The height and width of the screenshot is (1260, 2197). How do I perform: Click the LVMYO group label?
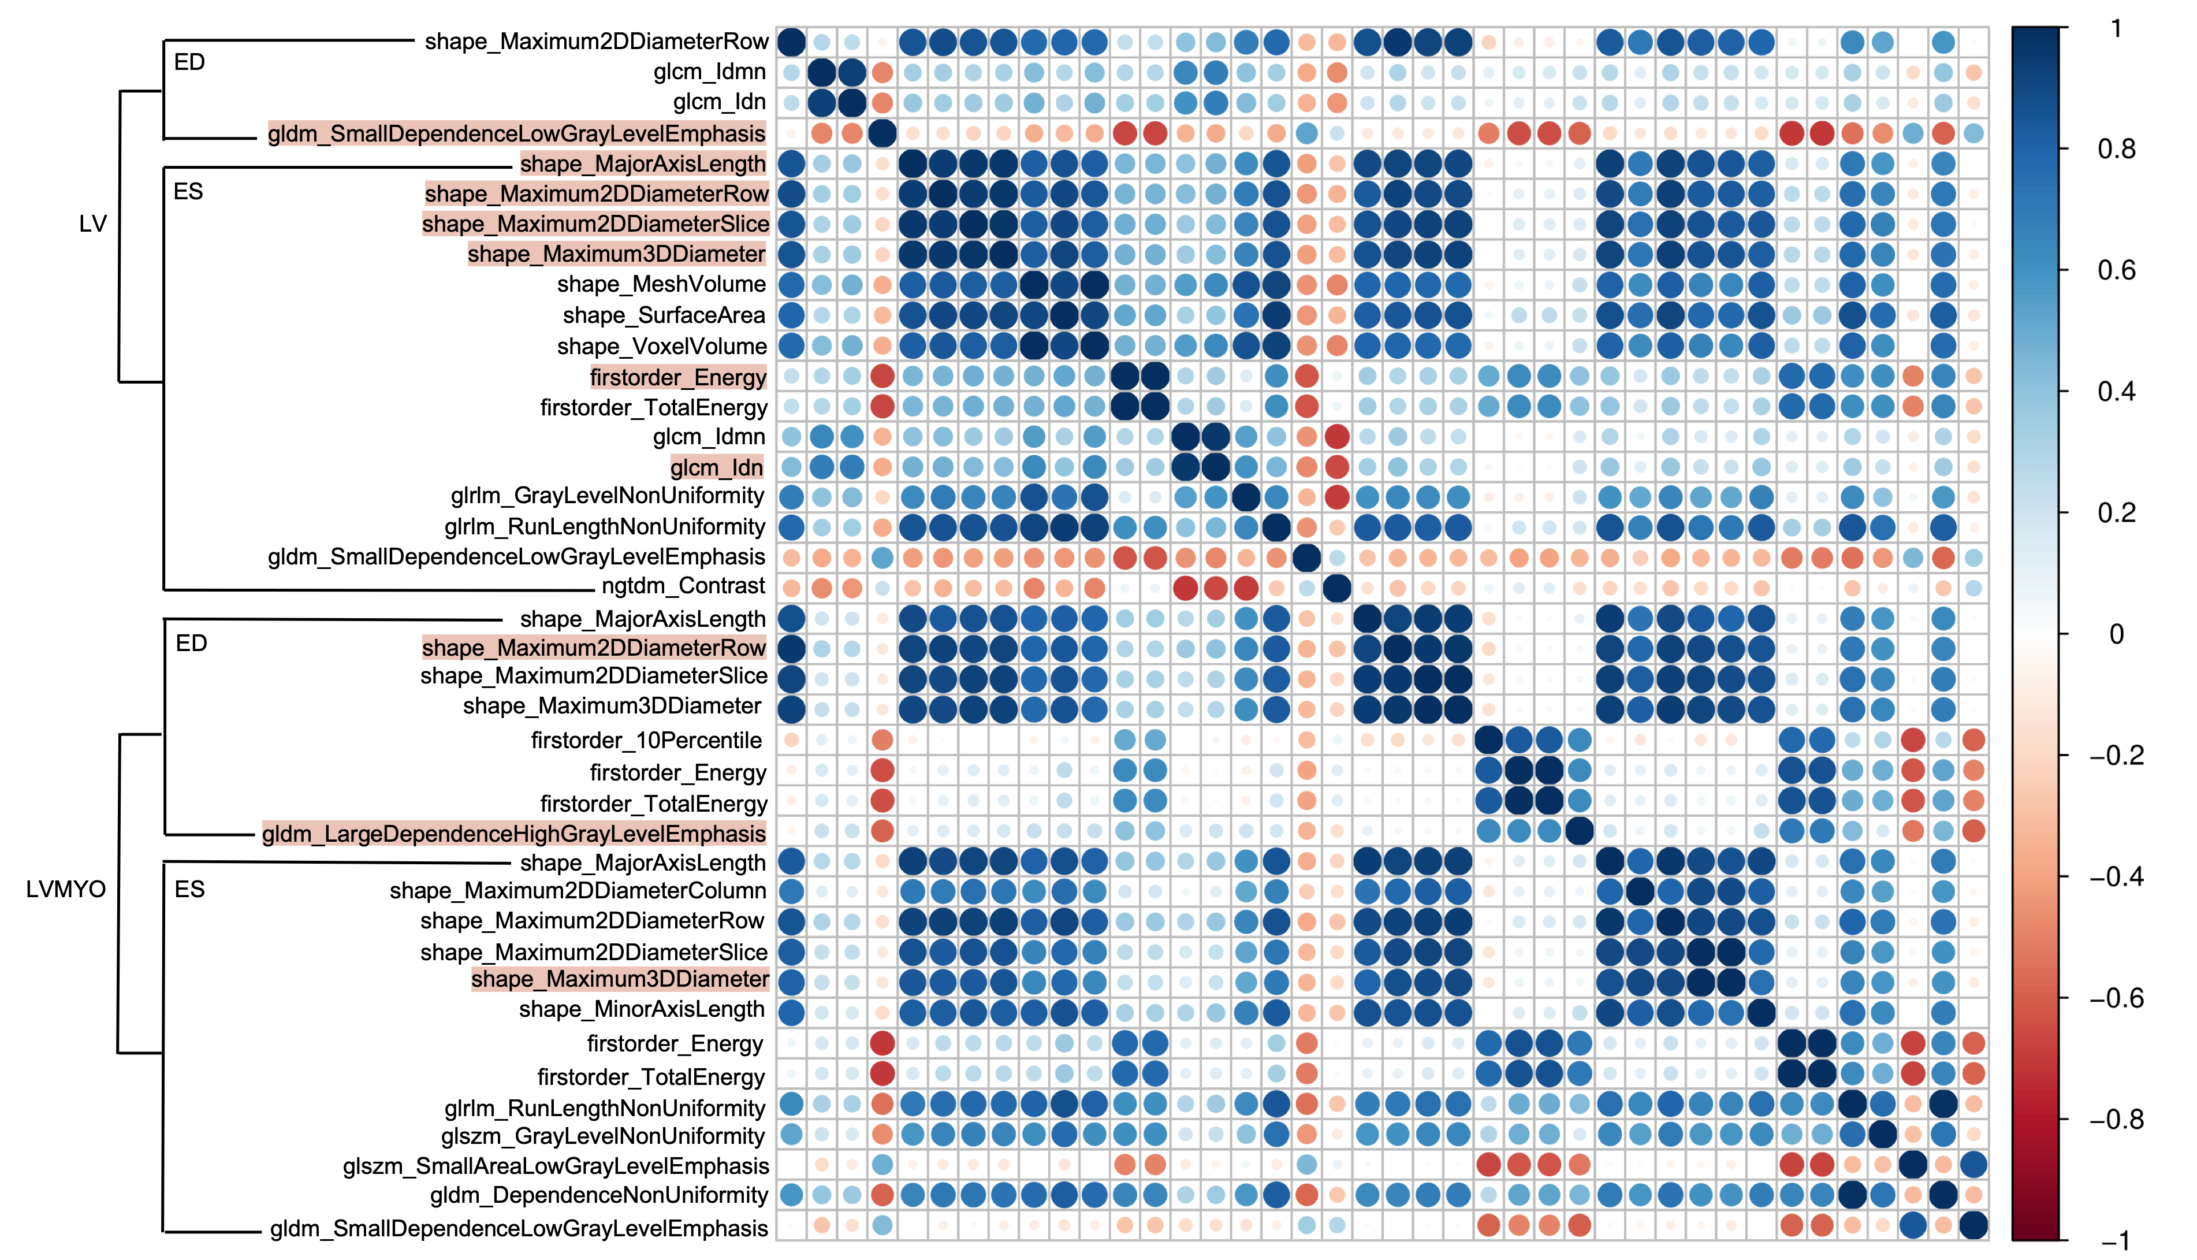coord(66,890)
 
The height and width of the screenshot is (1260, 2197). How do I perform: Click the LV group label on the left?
coord(92,224)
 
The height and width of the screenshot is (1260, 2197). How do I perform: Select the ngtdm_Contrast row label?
coord(683,587)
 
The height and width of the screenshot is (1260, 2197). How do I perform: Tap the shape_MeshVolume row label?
coord(662,285)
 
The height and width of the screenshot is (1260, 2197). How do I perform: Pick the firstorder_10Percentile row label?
coord(646,741)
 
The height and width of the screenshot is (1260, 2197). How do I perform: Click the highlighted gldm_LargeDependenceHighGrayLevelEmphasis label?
coord(514,834)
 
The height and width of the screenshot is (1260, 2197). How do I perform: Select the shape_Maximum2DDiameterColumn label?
coord(578,891)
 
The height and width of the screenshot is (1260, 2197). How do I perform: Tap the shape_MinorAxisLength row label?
coord(642,1010)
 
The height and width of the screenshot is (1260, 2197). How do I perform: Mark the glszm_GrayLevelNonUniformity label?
coord(603,1136)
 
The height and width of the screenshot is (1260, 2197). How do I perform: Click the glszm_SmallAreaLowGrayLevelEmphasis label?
coord(555,1166)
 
